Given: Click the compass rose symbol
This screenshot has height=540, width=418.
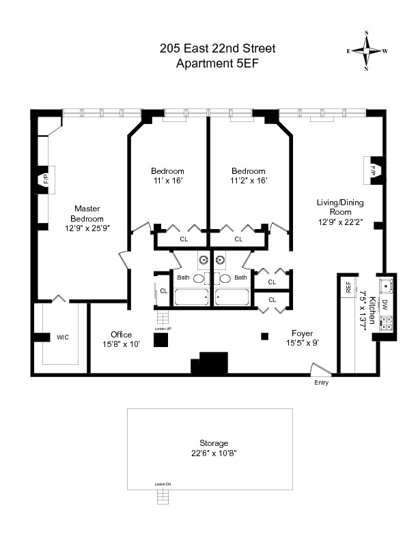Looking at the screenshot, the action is [367, 51].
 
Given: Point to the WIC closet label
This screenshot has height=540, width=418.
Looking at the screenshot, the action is [63, 337].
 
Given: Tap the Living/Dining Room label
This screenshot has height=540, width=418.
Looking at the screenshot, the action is [339, 211].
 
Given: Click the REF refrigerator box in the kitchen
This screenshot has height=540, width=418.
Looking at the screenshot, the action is [348, 288].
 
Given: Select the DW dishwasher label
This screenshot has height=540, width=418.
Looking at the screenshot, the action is [385, 306].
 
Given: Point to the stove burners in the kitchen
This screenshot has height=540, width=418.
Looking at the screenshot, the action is [386, 325].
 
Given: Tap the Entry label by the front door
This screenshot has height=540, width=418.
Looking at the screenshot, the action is [321, 382].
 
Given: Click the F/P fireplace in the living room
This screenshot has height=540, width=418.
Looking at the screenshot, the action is [374, 169].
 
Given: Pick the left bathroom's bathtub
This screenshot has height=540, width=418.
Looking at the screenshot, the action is [192, 297].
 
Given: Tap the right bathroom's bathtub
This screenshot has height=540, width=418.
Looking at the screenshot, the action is [232, 297].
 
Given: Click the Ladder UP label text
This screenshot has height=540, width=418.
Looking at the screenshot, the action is [162, 329].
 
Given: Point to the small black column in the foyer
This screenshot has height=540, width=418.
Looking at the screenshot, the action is [264, 335].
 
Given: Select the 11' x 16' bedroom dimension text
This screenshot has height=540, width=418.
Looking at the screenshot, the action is [167, 181].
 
